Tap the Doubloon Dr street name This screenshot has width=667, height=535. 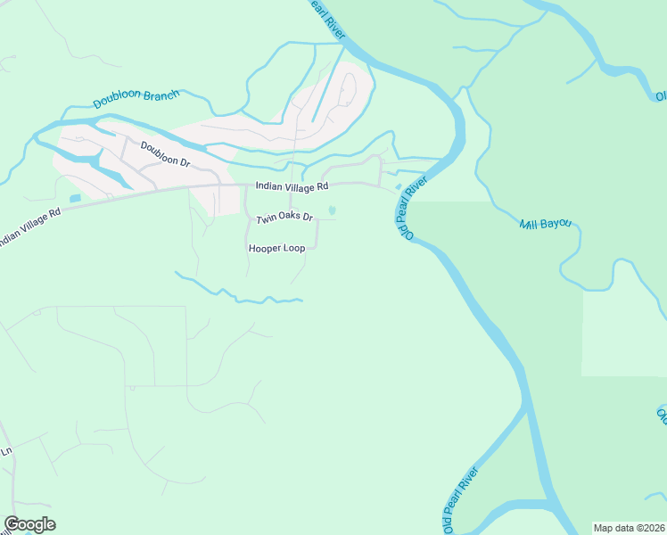[165, 154]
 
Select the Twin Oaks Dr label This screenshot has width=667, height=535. [284, 218]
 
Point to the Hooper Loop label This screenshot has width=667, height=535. [276, 248]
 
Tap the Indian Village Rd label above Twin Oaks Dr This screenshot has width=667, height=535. [292, 186]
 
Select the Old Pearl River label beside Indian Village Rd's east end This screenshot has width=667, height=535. [412, 207]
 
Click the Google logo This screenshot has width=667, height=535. [29, 524]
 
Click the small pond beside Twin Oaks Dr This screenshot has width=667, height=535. [333, 210]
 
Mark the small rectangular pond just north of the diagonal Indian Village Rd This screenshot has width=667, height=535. [74, 198]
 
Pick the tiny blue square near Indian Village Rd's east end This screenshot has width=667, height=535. [398, 186]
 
